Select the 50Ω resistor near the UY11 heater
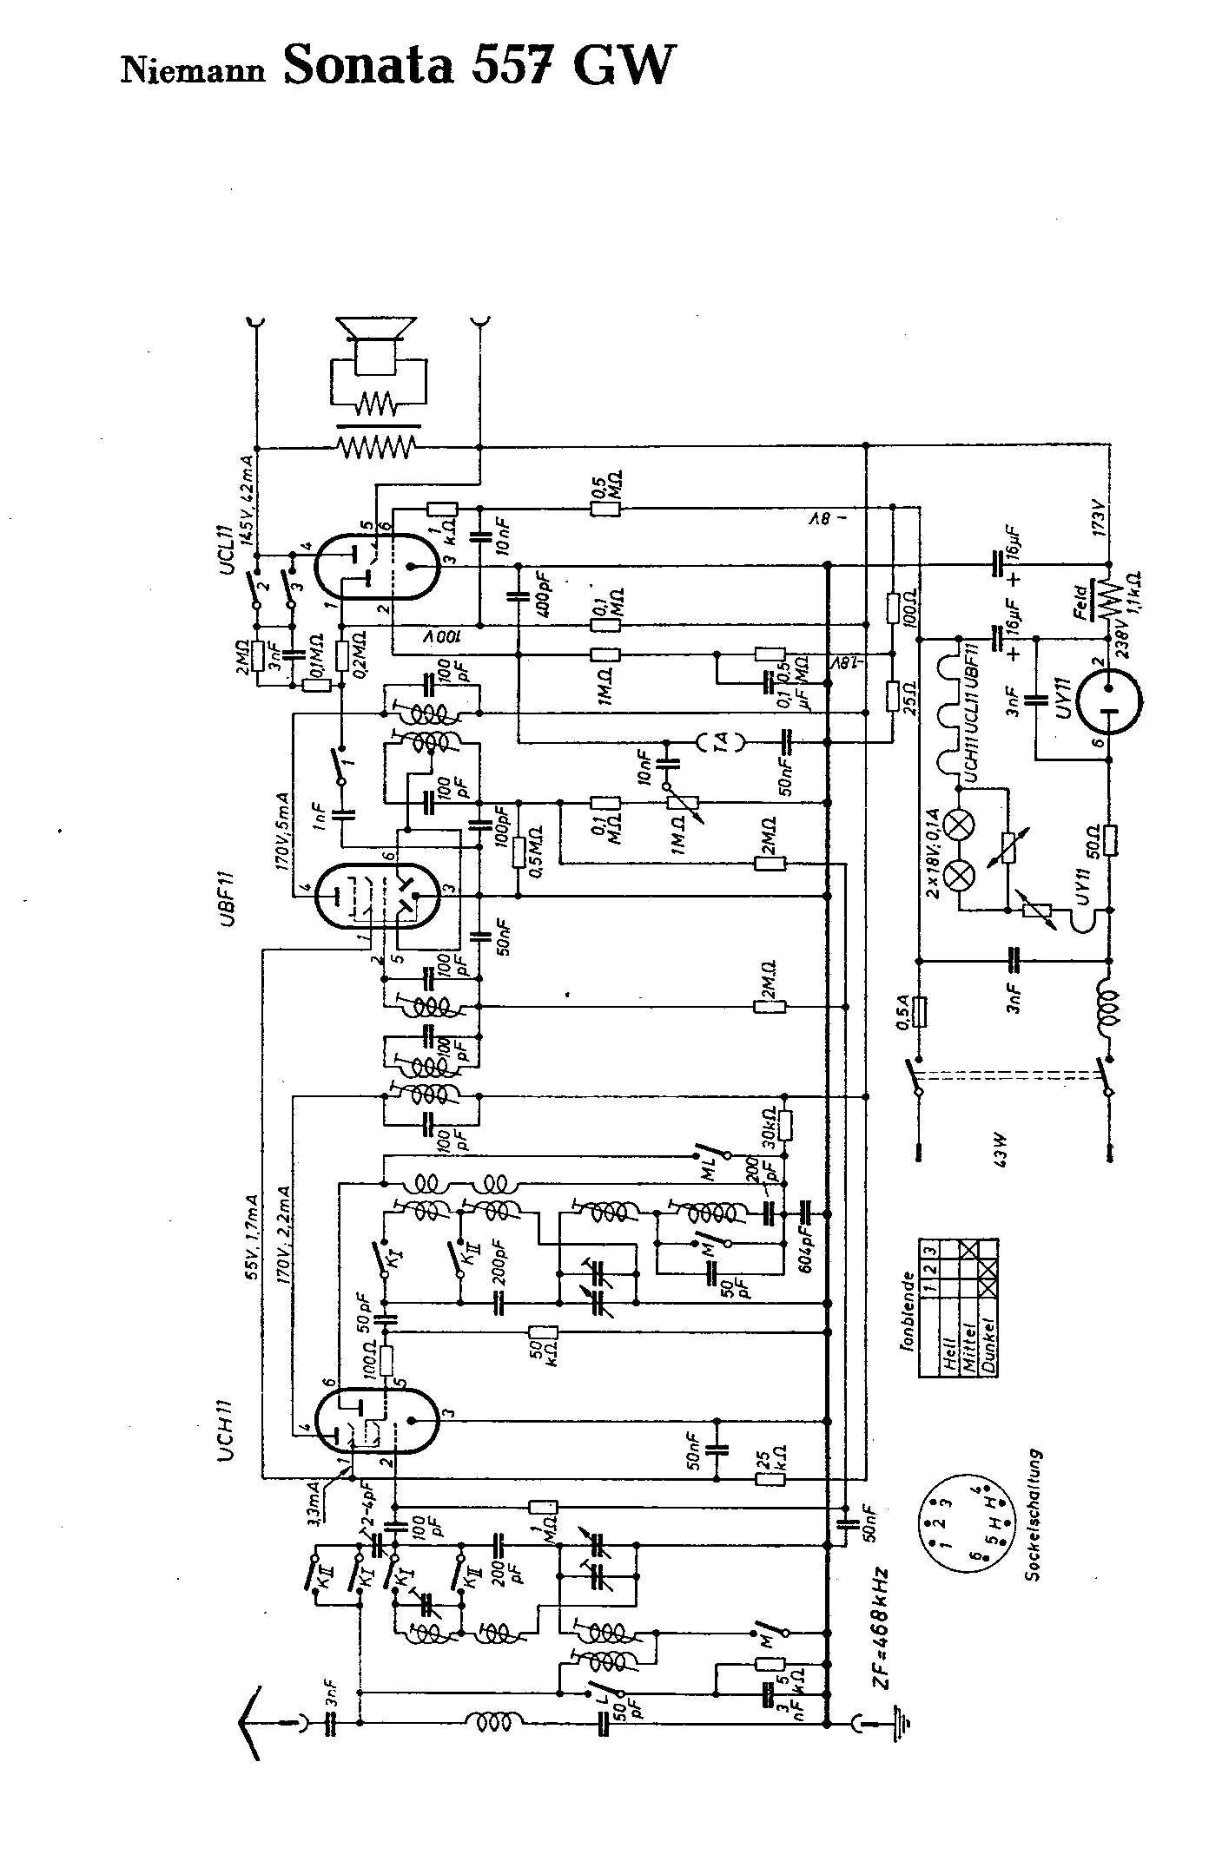click(x=1111, y=839)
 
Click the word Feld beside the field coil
click(x=1082, y=602)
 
